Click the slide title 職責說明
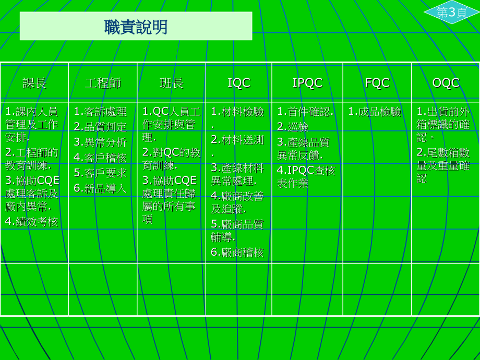click(x=136, y=27)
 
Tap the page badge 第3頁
click(x=451, y=13)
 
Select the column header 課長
click(x=34, y=83)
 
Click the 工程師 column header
click(x=103, y=83)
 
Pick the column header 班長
click(x=172, y=83)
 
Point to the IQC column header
click(x=239, y=83)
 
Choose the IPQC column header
click(x=307, y=83)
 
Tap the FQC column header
click(x=377, y=83)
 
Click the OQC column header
click(x=446, y=83)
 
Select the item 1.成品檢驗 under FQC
click(x=375, y=112)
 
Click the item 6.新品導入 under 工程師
click(x=100, y=188)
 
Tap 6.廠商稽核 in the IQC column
click(x=237, y=253)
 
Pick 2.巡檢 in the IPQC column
click(x=293, y=127)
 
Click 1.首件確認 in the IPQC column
click(x=305, y=112)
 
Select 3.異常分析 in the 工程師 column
click(x=100, y=142)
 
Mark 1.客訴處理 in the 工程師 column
click(x=100, y=112)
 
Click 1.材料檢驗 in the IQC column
click(x=237, y=112)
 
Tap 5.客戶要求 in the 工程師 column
click(x=100, y=173)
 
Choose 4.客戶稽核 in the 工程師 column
click(x=100, y=158)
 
